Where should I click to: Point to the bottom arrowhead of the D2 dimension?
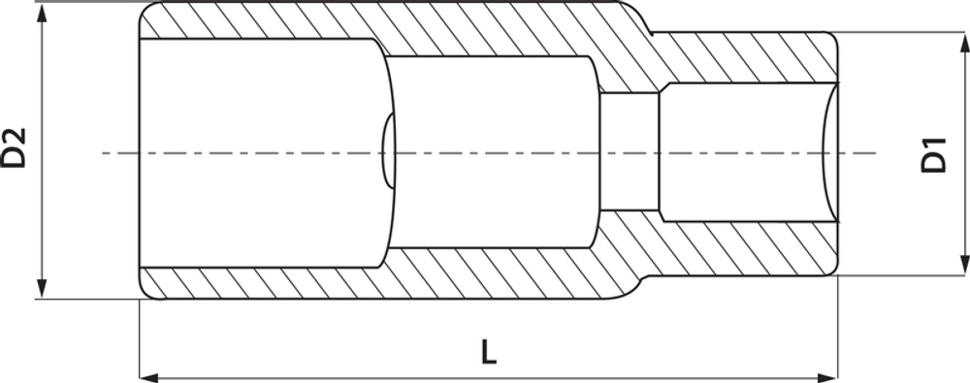(41, 290)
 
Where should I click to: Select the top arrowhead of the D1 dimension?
(963, 41)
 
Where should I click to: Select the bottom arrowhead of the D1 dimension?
(963, 268)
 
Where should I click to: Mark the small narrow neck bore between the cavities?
(629, 152)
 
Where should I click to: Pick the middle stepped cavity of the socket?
(490, 152)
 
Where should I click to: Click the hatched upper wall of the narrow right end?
(747, 60)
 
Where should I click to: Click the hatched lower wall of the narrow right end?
(747, 247)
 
